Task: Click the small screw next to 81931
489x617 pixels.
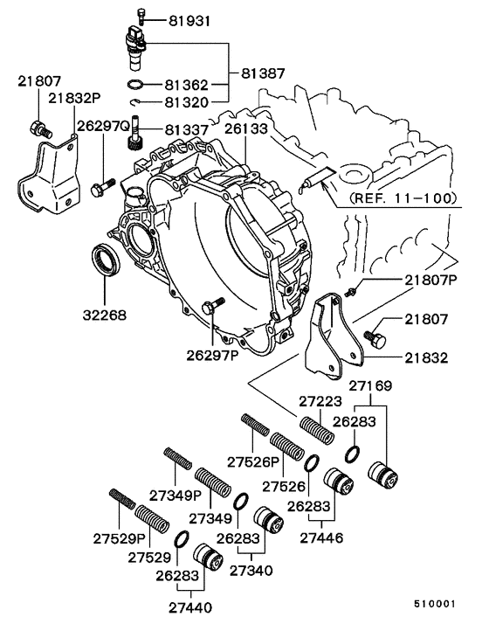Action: [x=141, y=15]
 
